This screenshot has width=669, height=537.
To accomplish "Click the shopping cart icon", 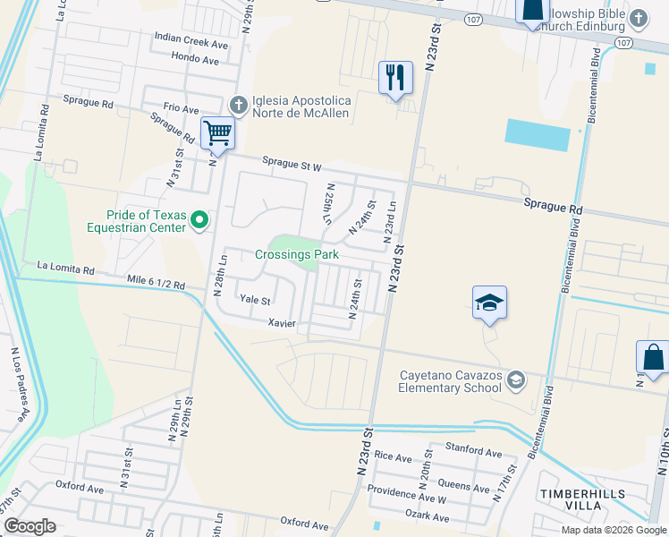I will click(217, 133).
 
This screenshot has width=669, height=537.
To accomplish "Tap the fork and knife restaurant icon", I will click(394, 77).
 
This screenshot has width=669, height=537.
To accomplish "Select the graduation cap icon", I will click(489, 303).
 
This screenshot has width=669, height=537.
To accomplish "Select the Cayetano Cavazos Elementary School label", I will click(451, 381).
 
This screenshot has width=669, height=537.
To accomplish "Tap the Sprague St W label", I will click(292, 163).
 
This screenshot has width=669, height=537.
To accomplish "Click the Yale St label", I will click(253, 300).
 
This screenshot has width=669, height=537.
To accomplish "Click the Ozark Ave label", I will click(427, 517).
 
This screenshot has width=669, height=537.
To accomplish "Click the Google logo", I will click(30, 526).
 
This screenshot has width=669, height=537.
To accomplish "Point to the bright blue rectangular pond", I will click(538, 134).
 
